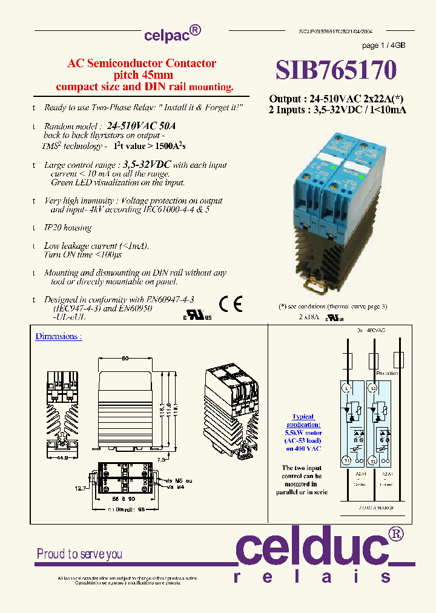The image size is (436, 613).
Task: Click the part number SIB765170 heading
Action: point(337,70)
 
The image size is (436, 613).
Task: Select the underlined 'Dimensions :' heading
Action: point(58,336)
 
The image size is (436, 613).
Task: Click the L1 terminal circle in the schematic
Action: point(348,387)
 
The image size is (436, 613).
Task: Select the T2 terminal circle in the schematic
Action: point(373,460)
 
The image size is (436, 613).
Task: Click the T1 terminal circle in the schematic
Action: point(348,460)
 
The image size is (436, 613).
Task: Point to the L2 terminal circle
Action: point(373,387)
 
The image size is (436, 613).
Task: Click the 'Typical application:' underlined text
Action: point(303,420)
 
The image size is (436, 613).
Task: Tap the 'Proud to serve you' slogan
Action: point(79,554)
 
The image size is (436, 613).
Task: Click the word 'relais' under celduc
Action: point(312,577)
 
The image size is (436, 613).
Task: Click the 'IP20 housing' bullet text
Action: point(68,228)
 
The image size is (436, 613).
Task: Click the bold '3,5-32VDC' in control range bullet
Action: point(147,164)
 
